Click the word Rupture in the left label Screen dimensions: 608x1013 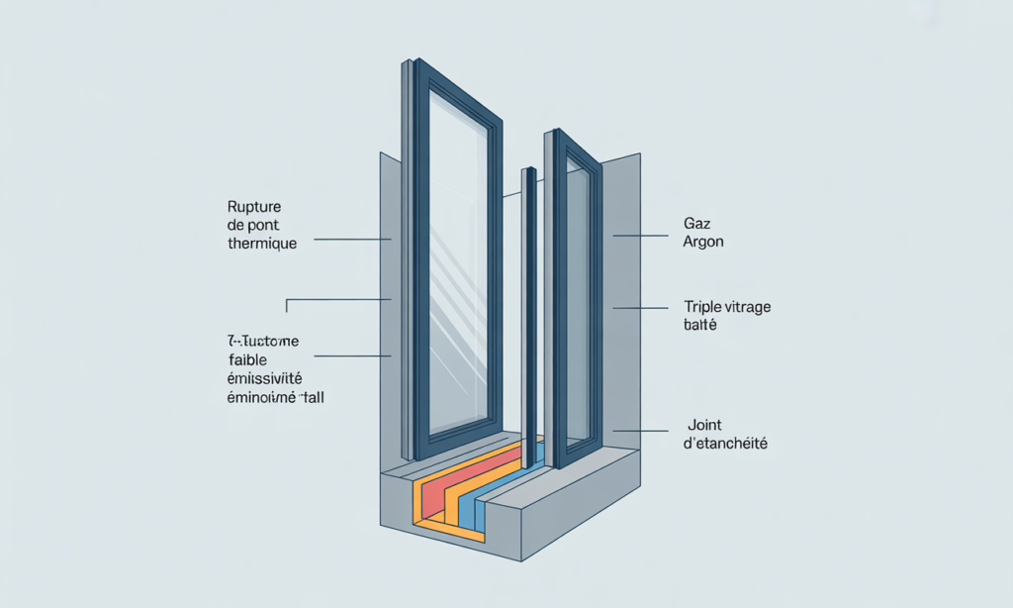tap(254, 207)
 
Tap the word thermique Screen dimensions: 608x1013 tap(261, 244)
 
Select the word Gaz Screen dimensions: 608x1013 tap(696, 224)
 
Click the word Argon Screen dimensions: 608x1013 tap(703, 242)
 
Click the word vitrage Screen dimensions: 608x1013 tap(748, 307)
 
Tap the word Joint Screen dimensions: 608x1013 tap(703, 426)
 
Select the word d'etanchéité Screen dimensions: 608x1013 tap(725, 444)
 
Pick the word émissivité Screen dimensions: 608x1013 tap(264, 378)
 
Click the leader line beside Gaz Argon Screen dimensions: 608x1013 tap(640, 236)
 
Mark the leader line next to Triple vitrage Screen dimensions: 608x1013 tap(640, 308)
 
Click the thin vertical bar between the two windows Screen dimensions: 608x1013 tap(531, 317)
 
